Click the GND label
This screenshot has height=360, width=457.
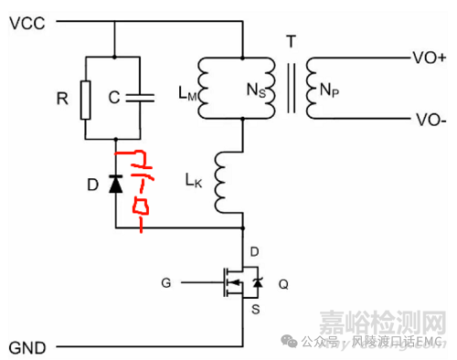[27, 348]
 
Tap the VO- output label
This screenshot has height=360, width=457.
[430, 119]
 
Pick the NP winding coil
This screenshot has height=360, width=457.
[313, 88]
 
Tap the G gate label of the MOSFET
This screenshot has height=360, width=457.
[165, 283]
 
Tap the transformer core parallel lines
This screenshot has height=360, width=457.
[292, 87]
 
